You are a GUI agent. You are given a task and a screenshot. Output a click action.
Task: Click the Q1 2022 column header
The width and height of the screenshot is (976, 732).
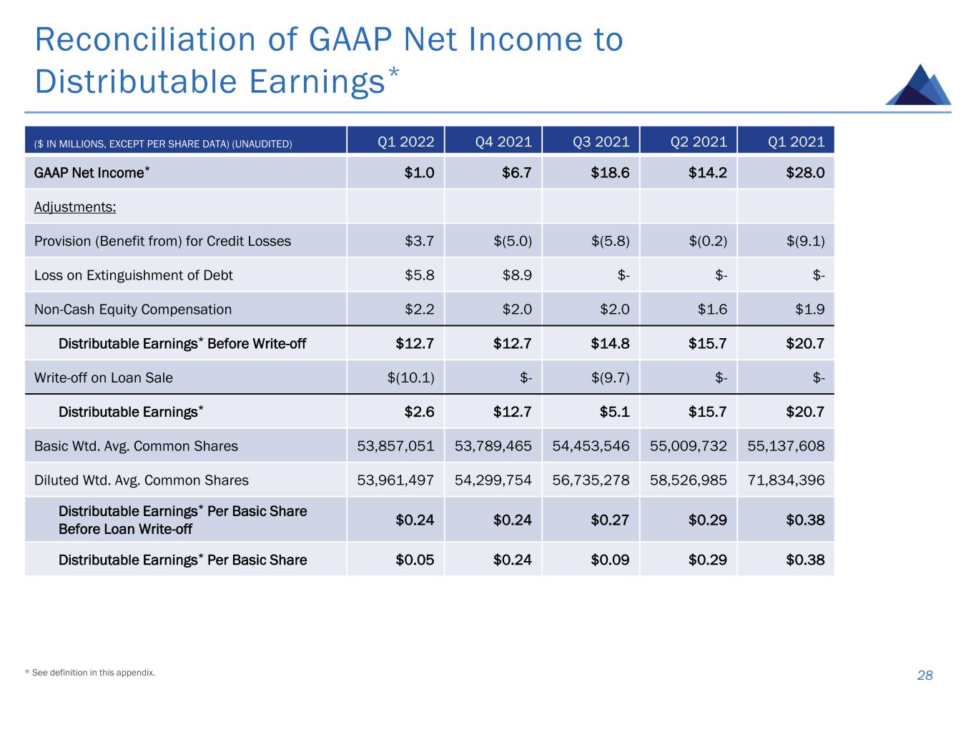[x=405, y=142]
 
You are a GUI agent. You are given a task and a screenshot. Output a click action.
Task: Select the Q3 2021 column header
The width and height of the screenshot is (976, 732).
[x=601, y=142]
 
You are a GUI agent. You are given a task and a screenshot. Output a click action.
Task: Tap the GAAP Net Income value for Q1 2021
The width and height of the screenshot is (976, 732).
[x=805, y=173]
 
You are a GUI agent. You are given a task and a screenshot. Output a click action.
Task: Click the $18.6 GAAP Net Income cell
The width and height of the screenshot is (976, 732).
[x=610, y=173]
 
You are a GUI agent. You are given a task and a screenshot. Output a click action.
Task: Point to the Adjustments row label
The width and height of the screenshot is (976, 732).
[x=75, y=207]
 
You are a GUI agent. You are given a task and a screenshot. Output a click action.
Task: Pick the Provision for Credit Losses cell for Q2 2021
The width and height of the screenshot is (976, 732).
[x=708, y=241]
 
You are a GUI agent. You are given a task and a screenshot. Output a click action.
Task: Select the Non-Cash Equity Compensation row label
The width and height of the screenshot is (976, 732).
[x=133, y=310]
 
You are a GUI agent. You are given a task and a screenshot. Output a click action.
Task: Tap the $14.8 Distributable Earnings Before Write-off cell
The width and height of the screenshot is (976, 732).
[x=610, y=344]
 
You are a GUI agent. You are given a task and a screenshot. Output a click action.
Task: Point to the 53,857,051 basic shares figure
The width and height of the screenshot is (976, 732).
[x=395, y=446]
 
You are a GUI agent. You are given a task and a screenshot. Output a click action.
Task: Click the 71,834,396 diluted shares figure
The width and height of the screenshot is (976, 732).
[x=786, y=480]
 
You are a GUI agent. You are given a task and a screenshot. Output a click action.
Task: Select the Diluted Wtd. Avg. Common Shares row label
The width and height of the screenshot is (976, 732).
[x=142, y=480]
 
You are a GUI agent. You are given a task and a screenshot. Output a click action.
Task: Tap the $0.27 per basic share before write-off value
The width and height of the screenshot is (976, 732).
[x=610, y=520]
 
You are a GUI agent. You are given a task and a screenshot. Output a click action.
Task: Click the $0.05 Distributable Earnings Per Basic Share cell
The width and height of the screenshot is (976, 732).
[x=415, y=560]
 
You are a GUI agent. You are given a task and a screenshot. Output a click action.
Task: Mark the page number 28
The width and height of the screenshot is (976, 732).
[x=925, y=676]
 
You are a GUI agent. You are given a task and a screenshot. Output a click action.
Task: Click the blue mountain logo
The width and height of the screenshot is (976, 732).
[x=918, y=86]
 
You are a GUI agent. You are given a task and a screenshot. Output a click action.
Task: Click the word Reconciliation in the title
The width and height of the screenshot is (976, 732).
[x=141, y=39]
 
